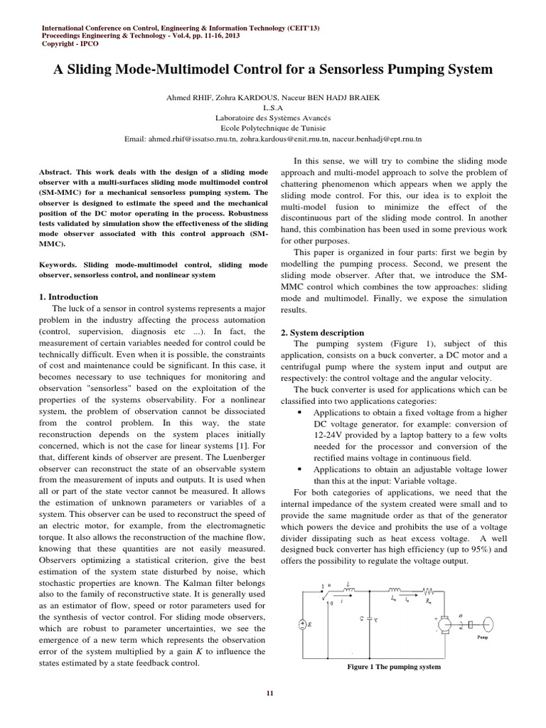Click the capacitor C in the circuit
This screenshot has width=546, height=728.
370,619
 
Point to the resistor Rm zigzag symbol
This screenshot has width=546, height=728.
429,589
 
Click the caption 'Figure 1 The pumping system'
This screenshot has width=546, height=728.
393,667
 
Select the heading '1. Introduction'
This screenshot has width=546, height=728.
68,296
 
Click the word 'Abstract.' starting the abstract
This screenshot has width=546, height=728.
58,173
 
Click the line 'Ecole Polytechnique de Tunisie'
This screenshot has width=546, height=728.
273,129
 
